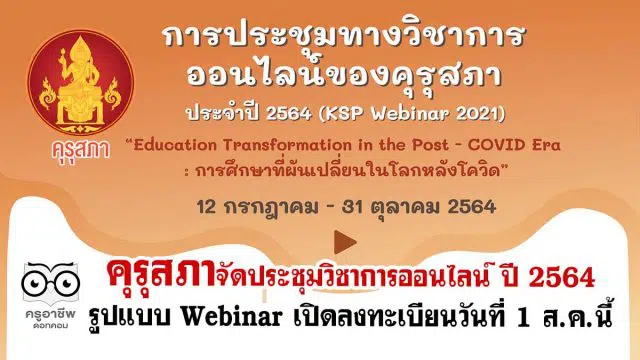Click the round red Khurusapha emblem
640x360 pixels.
point(80,82)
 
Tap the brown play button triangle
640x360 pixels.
point(345,242)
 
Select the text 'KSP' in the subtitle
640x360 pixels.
point(342,113)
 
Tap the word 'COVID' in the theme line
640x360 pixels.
point(496,145)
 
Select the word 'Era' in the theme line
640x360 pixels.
point(545,145)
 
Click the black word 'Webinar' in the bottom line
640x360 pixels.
point(231,317)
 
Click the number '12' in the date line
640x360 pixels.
point(206,207)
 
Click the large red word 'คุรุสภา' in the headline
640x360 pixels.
point(161,273)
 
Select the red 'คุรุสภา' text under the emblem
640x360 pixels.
point(81,150)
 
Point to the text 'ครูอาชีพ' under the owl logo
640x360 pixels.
point(50,314)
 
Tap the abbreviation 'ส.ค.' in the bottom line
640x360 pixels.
point(567,318)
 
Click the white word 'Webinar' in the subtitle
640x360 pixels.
point(409,113)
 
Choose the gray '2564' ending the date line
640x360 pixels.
point(472,207)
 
